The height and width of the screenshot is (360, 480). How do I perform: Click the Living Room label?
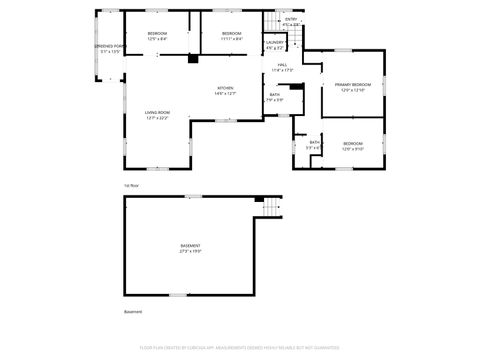[157, 112]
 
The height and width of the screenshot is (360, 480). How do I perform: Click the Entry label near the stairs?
[291, 19]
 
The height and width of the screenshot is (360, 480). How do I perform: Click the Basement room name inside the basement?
[190, 245]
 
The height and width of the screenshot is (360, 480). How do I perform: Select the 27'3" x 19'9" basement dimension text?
[190, 251]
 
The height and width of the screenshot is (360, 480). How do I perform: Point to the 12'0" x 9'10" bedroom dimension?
[353, 149]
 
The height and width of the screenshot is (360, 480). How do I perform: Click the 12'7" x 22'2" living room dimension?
[157, 118]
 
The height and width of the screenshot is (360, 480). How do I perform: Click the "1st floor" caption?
[130, 186]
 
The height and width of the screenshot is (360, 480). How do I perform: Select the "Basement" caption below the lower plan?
[133, 312]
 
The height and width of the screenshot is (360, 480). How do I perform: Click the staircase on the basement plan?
[266, 208]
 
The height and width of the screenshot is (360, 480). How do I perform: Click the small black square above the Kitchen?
[191, 58]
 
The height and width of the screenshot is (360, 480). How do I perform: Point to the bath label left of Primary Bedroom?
[274, 96]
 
